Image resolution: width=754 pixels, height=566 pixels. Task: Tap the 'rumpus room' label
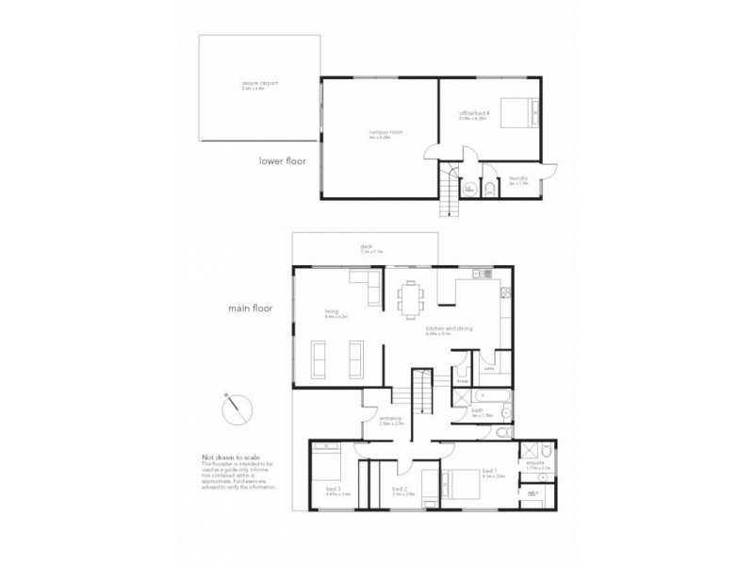[380, 136]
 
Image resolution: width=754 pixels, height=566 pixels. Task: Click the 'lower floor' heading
[283, 161]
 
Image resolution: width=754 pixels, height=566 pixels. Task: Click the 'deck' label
[365, 247]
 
